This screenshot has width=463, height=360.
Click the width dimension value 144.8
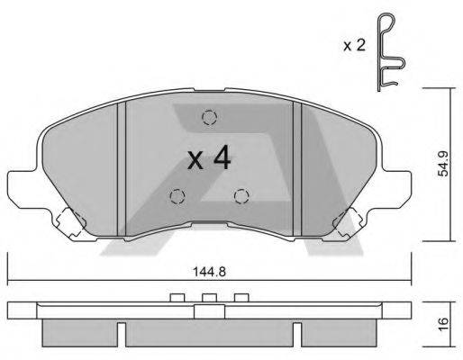209,272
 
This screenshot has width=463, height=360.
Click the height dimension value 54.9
443,164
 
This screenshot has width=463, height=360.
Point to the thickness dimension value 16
443,323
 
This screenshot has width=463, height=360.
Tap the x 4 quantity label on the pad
209,158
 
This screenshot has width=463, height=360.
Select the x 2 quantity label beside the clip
354,46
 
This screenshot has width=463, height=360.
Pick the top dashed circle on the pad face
209,117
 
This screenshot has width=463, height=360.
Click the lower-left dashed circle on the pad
177,196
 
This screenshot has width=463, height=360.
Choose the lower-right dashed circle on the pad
241,196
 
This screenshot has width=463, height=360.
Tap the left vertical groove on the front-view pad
121,169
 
